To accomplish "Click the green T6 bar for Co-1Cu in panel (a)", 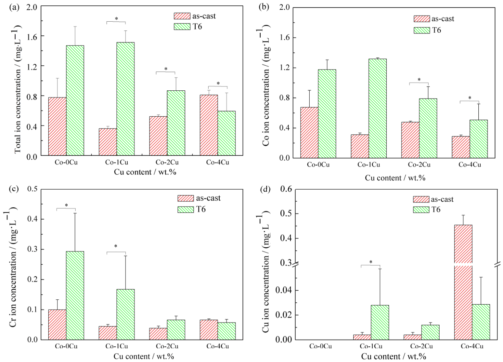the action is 125,99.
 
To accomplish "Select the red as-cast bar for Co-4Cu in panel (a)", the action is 209,125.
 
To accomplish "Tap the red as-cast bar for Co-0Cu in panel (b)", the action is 309,133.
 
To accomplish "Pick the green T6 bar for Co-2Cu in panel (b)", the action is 428,128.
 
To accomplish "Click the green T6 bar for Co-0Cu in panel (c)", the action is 75,296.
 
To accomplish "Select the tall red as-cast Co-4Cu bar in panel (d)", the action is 463,282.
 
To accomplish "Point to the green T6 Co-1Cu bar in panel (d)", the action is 380,322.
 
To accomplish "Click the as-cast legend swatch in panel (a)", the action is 182,16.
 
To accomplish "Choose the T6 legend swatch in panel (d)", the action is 421,210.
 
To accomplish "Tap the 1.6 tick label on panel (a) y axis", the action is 32,36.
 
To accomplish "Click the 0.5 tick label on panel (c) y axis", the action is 32,189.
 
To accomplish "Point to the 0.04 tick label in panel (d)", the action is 284,290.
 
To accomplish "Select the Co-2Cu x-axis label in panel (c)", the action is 167,346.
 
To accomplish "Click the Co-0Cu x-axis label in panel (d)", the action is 320,346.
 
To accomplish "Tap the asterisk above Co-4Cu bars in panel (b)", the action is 470,98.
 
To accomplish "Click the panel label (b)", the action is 264,7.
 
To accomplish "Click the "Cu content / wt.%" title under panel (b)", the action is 395,178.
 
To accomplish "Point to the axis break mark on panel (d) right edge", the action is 498,264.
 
